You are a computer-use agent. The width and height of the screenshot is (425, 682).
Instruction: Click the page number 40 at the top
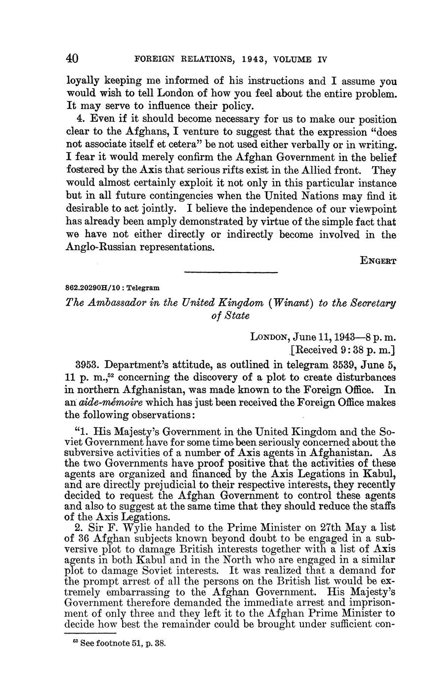(x=72, y=59)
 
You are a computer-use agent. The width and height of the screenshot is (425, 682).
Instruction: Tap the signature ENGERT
(x=378, y=261)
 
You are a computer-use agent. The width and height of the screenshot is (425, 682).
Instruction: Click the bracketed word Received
(x=317, y=351)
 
